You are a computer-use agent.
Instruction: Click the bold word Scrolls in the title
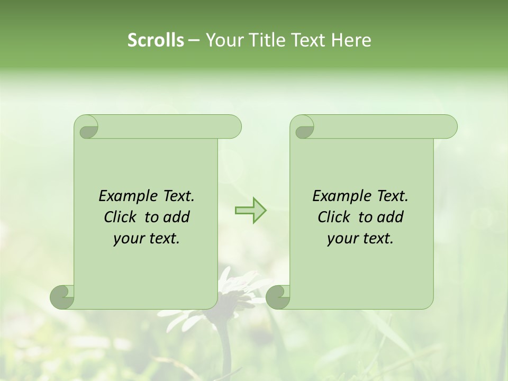pos(156,40)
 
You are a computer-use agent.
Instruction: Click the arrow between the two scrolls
pos(250,211)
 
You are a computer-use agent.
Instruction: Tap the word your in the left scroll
pos(128,239)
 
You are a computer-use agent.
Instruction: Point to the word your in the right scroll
pos(342,239)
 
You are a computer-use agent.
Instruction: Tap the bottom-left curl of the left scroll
pos(62,296)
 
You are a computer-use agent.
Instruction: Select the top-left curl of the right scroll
pos(303,128)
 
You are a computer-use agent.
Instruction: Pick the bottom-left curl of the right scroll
pos(278,296)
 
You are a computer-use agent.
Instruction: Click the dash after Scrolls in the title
pos(194,40)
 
